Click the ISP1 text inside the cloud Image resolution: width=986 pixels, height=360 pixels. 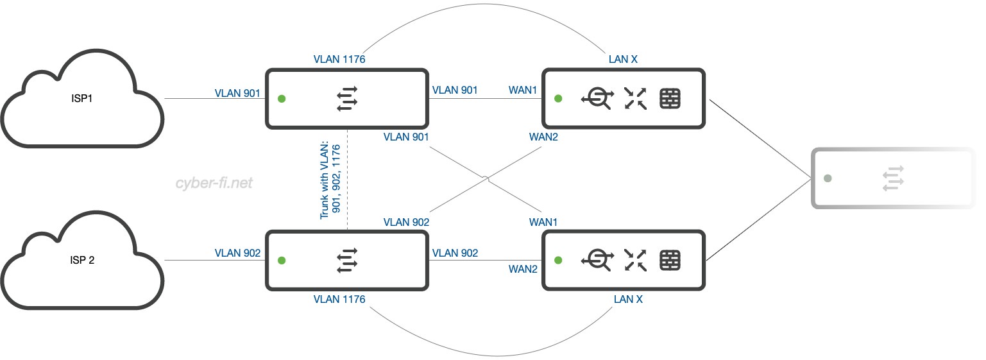click(82, 100)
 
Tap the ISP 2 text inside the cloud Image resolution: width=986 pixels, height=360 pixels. click(82, 261)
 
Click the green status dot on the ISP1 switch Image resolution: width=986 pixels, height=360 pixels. click(281, 99)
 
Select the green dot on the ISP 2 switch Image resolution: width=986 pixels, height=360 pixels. click(281, 260)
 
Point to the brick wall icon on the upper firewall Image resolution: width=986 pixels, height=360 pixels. click(670, 99)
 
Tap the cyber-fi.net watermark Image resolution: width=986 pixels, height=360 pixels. click(214, 184)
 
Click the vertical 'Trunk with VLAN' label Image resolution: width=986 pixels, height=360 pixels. click(330, 182)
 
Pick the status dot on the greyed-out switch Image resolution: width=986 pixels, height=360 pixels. click(828, 178)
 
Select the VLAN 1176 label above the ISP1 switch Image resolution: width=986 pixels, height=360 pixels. click(339, 59)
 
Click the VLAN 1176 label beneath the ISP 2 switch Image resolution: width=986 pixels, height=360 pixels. click(339, 300)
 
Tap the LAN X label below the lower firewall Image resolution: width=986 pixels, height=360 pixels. click(628, 300)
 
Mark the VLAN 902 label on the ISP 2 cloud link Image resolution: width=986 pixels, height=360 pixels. click(237, 253)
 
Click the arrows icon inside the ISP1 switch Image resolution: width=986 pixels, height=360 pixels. click(347, 99)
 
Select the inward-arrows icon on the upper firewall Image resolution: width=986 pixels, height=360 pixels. click(635, 99)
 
